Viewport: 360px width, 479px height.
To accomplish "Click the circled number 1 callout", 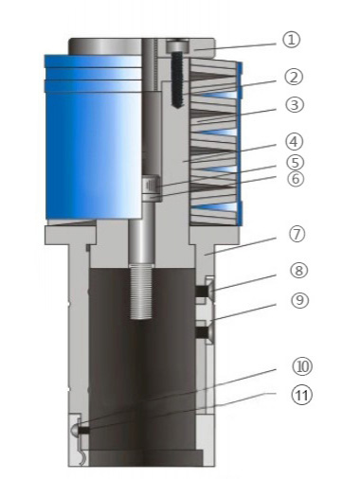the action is click(291, 40).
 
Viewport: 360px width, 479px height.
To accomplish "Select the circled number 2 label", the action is click(294, 77).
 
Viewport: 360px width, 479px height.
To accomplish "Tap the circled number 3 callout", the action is click(295, 104).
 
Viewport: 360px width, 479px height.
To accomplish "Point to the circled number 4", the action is click(294, 142).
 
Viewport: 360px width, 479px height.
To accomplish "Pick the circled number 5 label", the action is click(295, 162).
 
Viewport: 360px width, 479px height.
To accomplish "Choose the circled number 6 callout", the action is click(296, 179).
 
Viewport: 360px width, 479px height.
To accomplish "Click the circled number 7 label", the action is click(297, 235).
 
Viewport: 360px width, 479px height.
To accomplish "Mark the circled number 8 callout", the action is click(298, 271).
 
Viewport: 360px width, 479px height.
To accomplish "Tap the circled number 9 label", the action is click(299, 300).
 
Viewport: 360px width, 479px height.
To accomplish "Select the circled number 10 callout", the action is click(302, 366).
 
